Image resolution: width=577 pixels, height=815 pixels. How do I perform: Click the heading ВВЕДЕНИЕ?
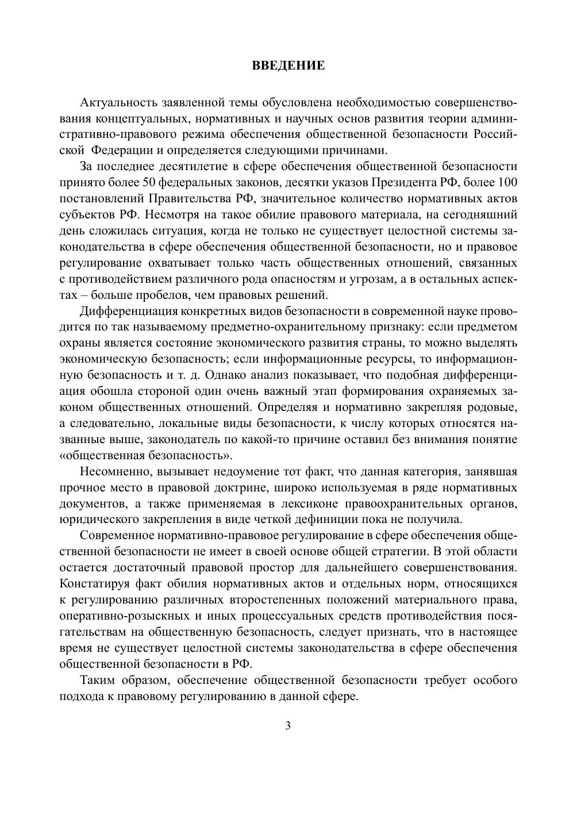(x=288, y=66)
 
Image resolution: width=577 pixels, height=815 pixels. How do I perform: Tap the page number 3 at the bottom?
(x=288, y=726)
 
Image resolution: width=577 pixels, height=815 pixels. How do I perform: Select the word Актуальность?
(x=118, y=103)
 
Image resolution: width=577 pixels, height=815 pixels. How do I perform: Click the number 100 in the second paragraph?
(x=506, y=183)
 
